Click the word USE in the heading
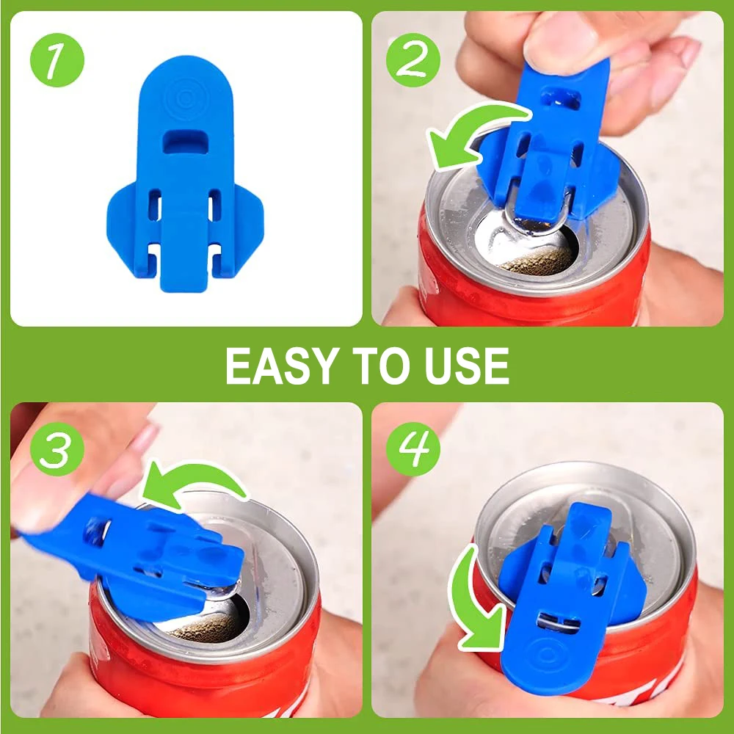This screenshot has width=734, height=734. [465, 366]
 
